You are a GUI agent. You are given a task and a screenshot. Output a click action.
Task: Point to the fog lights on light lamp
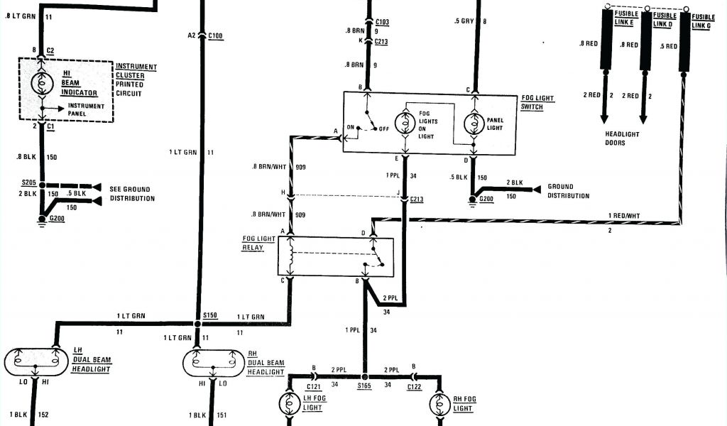[x=405, y=124]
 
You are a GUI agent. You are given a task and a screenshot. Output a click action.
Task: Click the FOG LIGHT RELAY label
[x=259, y=244]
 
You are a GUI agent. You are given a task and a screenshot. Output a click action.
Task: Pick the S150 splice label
[x=210, y=314]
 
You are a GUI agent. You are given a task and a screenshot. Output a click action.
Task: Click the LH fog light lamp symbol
[x=291, y=403]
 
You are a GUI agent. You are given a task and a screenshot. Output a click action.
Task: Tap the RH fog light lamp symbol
[x=440, y=403]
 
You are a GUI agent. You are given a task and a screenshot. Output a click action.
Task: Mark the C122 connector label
[x=415, y=386]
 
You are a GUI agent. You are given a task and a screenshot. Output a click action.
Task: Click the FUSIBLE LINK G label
[x=704, y=21]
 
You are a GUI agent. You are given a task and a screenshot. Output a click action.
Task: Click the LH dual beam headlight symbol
[x=35, y=361]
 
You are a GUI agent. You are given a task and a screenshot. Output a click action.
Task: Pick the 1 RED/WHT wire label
[x=624, y=215]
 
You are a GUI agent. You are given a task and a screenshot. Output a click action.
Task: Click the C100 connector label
[x=216, y=35]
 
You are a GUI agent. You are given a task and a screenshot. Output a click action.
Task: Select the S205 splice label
[x=29, y=183]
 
